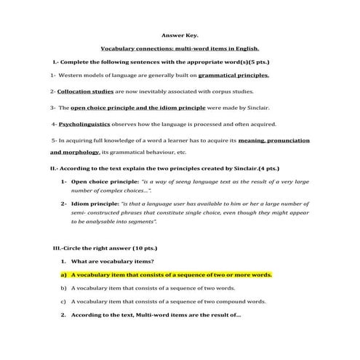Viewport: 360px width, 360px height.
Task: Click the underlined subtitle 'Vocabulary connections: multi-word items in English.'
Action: tap(180, 47)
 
